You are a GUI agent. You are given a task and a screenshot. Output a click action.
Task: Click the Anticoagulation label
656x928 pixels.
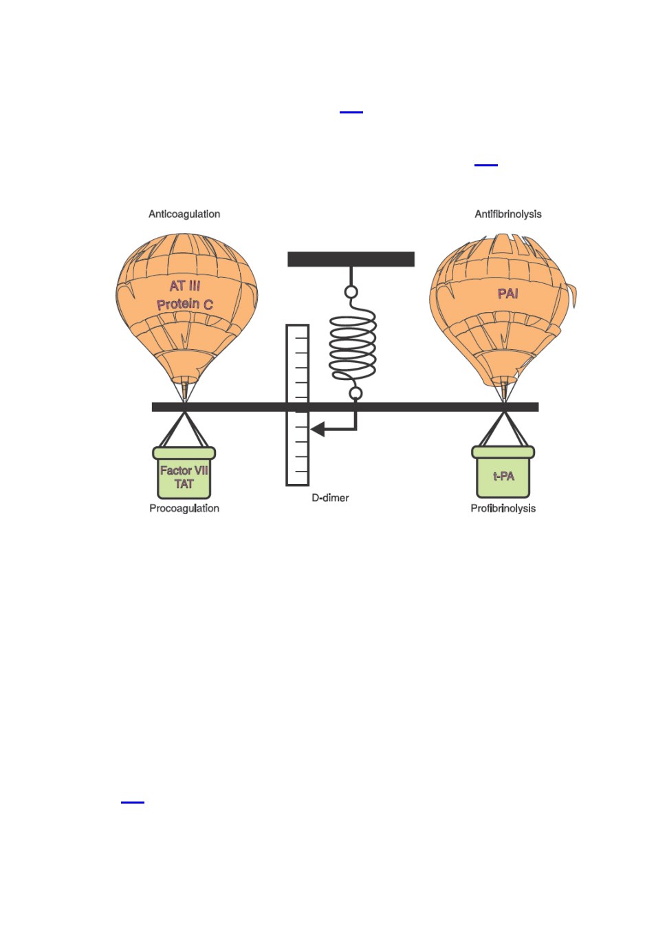pos(184,214)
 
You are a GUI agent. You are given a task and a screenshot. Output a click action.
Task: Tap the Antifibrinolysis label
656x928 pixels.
pos(508,214)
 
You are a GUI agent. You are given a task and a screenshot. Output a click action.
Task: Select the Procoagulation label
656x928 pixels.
pos(184,508)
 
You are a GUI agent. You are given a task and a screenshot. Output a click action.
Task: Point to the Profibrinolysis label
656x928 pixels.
pos(503,508)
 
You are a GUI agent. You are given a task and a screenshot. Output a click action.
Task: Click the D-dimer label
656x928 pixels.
pos(330,498)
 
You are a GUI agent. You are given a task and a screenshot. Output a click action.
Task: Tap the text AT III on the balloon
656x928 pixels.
pos(185,286)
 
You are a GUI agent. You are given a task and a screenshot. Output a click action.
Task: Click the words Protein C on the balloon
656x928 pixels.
pos(185,305)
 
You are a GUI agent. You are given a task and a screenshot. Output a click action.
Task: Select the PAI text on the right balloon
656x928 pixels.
pos(507,294)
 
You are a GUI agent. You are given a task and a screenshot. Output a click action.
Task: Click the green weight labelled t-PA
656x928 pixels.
pos(503,472)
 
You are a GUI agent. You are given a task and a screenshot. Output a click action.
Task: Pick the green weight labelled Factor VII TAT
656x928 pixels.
pos(184,473)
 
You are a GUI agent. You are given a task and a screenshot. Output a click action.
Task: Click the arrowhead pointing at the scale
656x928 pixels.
pos(318,430)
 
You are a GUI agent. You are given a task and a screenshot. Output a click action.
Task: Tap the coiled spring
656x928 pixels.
pos(353,346)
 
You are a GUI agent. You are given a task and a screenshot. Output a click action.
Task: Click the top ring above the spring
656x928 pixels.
pos(351,292)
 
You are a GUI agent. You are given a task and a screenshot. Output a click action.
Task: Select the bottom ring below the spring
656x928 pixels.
pos(356,393)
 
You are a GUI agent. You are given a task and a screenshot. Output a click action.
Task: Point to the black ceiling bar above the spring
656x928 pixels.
pos(351,259)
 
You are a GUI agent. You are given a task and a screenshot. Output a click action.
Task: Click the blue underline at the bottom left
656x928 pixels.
pos(133,802)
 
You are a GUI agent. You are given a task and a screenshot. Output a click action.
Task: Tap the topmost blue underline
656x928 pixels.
pos(351,112)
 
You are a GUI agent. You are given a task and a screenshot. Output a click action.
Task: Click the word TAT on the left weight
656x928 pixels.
pos(184,484)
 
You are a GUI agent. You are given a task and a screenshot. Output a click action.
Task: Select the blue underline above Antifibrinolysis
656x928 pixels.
pos(486,165)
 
